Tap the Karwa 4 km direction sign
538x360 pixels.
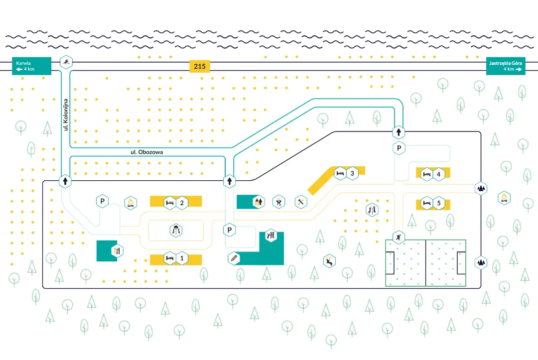tap(31, 66)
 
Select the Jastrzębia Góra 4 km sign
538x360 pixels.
tap(506, 66)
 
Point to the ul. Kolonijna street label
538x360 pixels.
tap(65, 114)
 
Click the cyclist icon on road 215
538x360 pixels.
tap(66, 62)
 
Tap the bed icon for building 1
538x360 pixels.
tap(170, 258)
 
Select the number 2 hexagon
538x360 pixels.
tap(182, 203)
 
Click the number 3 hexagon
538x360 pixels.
tap(352, 173)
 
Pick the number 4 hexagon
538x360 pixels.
tap(438, 174)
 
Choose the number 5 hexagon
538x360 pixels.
tap(438, 203)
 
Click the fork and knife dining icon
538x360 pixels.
tap(117, 250)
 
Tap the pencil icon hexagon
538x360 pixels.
tap(234, 258)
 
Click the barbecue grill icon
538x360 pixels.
tap(279, 202)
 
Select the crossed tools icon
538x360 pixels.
tap(301, 202)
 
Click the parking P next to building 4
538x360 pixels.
tap(399, 148)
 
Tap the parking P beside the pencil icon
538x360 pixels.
tap(229, 230)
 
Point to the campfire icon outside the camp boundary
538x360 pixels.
tap(505, 197)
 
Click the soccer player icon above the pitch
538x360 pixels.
tap(399, 237)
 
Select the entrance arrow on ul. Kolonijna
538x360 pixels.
tap(65, 181)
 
